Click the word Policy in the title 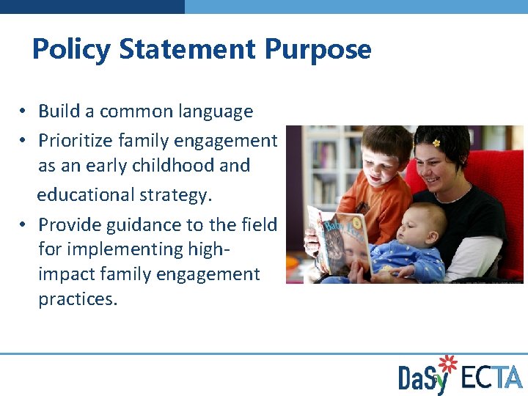71,50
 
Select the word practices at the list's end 78,299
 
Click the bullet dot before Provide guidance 24,224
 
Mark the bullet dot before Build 24,111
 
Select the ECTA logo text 491,377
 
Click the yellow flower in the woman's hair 436,142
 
